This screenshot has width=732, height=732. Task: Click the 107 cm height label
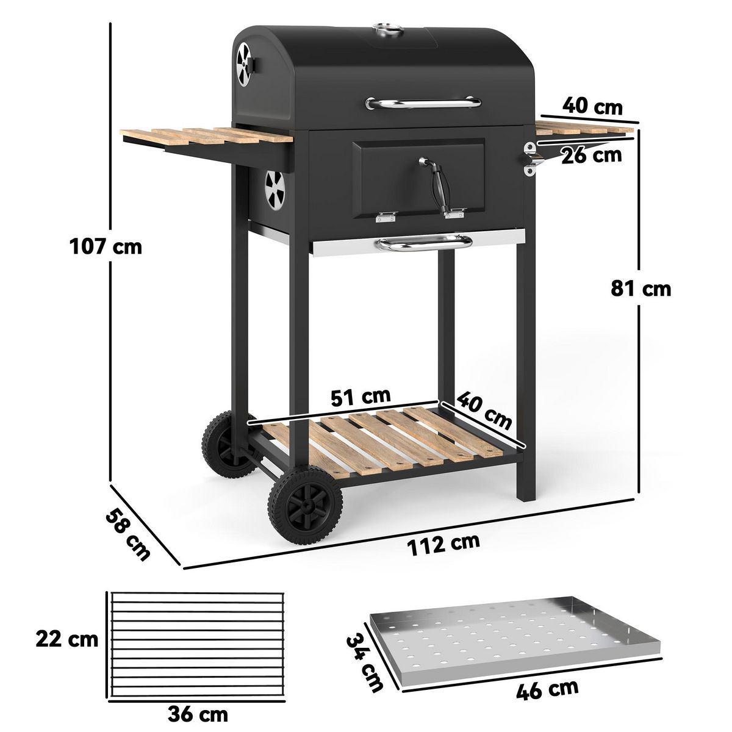pyautogui.click(x=106, y=247)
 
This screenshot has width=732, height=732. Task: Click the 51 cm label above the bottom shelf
pyautogui.click(x=361, y=396)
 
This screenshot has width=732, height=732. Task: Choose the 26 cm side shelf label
pyautogui.click(x=591, y=155)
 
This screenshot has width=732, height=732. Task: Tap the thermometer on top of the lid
pyautogui.click(x=384, y=28)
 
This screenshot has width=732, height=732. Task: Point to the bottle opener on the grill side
pyautogui.click(x=529, y=158)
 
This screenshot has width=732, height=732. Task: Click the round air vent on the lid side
pyautogui.click(x=245, y=63)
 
